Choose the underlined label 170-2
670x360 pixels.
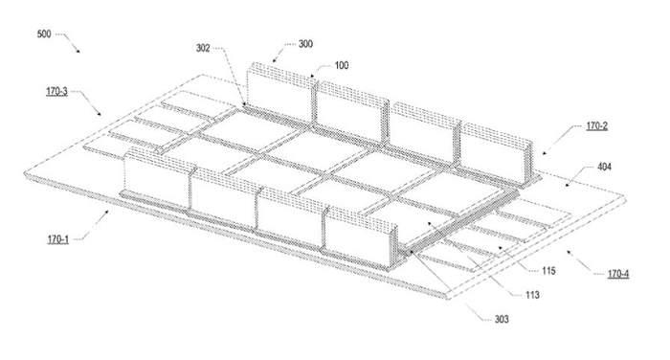coord(599,125)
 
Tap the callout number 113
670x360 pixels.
coord(532,297)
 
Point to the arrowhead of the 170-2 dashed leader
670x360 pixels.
coord(543,151)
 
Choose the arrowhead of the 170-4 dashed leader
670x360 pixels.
coord(567,252)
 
